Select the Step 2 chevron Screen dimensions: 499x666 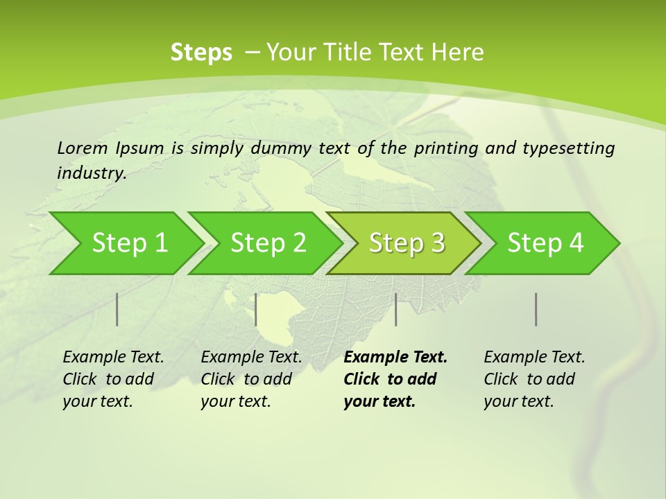[x=268, y=243]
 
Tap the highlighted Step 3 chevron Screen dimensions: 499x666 [x=407, y=243]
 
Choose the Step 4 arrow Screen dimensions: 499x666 [x=545, y=243]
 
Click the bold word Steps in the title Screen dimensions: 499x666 [x=201, y=52]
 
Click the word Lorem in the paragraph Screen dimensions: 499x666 [x=83, y=148]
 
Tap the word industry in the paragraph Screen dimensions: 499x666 [x=91, y=173]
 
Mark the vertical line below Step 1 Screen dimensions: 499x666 [x=117, y=309]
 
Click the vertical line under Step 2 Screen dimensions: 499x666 [x=256, y=309]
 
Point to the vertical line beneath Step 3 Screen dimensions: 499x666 [x=395, y=309]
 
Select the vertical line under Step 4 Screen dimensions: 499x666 [x=536, y=309]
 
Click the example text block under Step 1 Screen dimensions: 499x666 [x=113, y=379]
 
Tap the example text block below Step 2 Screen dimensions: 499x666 [x=251, y=379]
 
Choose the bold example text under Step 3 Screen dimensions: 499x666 [x=395, y=379]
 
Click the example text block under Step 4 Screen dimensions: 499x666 [x=534, y=379]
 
